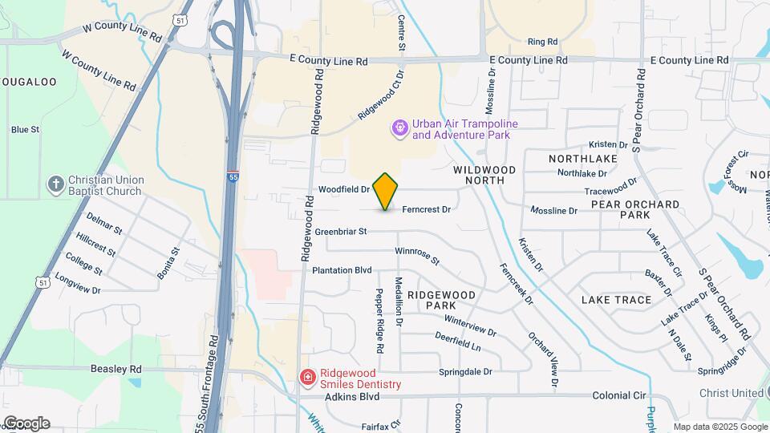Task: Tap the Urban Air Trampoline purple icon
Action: point(399,128)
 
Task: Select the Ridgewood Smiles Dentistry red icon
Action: point(307,378)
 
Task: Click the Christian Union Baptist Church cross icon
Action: point(55,184)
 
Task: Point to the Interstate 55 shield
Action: point(232,177)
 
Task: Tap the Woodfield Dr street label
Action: point(342,190)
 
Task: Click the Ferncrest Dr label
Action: point(426,209)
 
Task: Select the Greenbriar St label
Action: point(340,232)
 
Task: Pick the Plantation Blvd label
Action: point(342,270)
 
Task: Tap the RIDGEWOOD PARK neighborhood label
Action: point(441,301)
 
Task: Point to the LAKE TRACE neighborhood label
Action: point(616,300)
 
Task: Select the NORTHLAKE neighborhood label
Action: point(583,159)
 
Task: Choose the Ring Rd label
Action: point(542,42)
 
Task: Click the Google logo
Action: point(26,423)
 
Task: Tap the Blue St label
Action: point(26,130)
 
